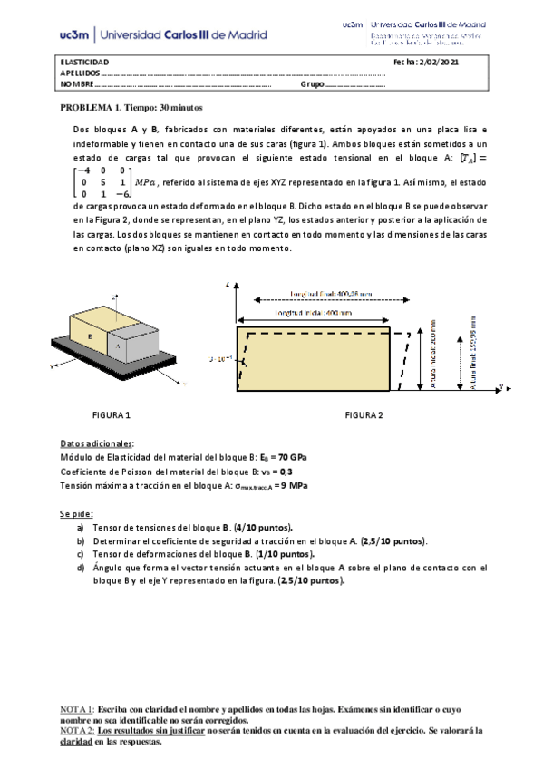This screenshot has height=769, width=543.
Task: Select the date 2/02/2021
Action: pos(438,61)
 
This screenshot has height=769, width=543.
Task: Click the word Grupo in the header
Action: pos(312,84)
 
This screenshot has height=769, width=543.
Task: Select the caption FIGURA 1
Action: pos(112,414)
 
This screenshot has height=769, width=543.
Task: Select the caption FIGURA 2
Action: pos(363,414)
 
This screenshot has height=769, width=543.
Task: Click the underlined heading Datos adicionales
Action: pos(96,443)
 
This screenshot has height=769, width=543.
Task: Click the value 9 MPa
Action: pos(293,486)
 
